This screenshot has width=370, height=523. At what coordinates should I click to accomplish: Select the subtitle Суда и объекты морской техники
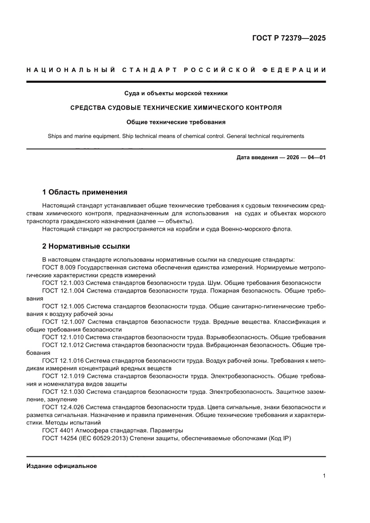[x=176, y=94]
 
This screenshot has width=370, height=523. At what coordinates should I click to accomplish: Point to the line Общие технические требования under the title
[x=176, y=122]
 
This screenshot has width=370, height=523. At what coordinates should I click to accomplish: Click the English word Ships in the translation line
[x=55, y=136]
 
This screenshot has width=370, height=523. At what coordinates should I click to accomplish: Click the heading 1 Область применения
[x=85, y=192]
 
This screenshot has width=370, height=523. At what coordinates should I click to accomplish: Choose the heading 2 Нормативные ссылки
[x=86, y=247]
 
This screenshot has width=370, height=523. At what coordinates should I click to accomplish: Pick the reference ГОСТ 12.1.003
[x=63, y=283]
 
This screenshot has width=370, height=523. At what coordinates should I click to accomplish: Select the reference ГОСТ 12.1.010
[x=63, y=337]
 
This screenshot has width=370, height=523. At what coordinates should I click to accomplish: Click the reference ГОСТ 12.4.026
[x=63, y=407]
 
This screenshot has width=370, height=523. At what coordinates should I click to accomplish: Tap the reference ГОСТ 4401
[x=57, y=430]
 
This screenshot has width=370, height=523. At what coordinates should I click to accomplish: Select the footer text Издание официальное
[x=62, y=466]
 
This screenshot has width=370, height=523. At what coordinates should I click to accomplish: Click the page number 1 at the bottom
[x=323, y=476]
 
